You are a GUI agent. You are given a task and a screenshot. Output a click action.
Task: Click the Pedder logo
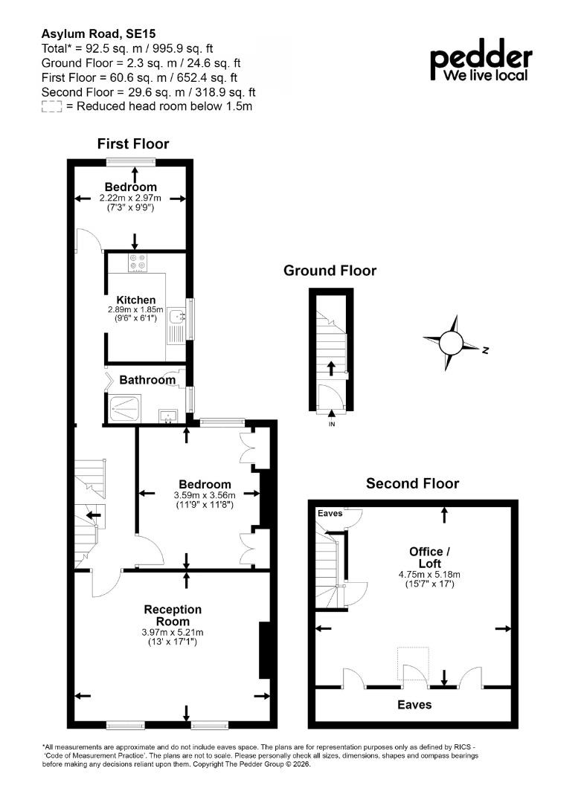[x=481, y=60]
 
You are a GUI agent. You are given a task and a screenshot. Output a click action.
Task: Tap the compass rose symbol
[x=451, y=343]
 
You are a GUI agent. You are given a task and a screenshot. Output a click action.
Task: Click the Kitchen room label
[x=135, y=300]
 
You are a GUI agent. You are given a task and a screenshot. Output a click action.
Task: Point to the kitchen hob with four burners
[x=138, y=262]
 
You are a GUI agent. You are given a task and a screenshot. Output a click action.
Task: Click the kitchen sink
[x=178, y=317]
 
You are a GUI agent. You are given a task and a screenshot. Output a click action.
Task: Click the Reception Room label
[x=173, y=615]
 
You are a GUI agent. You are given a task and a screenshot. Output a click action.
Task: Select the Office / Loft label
[x=429, y=557]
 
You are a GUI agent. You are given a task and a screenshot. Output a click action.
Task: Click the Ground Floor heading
[x=330, y=271]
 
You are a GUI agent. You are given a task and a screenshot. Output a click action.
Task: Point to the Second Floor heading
[x=412, y=483]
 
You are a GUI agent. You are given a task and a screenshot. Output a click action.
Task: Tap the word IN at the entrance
[x=332, y=425]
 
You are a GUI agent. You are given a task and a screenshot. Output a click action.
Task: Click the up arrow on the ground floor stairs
[x=331, y=368]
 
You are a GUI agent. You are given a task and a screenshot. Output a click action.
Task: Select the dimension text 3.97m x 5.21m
[x=173, y=633]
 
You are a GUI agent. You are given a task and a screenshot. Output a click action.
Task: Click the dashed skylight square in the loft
[x=413, y=664]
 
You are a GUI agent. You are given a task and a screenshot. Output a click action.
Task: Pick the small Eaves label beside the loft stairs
[x=330, y=513]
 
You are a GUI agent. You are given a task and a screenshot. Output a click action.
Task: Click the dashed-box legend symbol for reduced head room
[x=52, y=106]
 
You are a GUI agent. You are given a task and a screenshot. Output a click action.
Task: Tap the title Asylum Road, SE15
[x=98, y=33]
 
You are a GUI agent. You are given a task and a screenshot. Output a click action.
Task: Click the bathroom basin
[x=168, y=416]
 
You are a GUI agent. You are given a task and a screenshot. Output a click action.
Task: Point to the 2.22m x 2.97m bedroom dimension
[x=130, y=199]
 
